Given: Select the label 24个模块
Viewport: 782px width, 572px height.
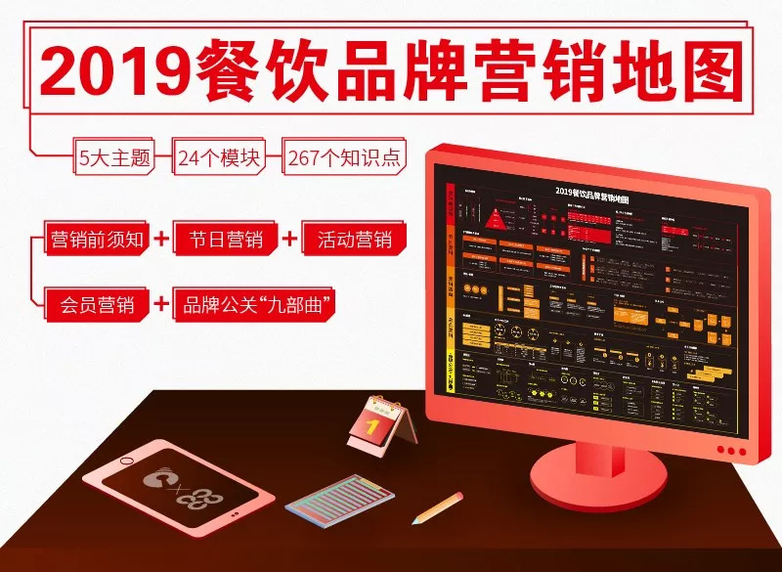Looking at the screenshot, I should (219, 157).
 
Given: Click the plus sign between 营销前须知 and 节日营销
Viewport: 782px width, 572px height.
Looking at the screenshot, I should (161, 239).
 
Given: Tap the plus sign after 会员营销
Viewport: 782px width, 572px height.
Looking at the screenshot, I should (161, 303).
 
